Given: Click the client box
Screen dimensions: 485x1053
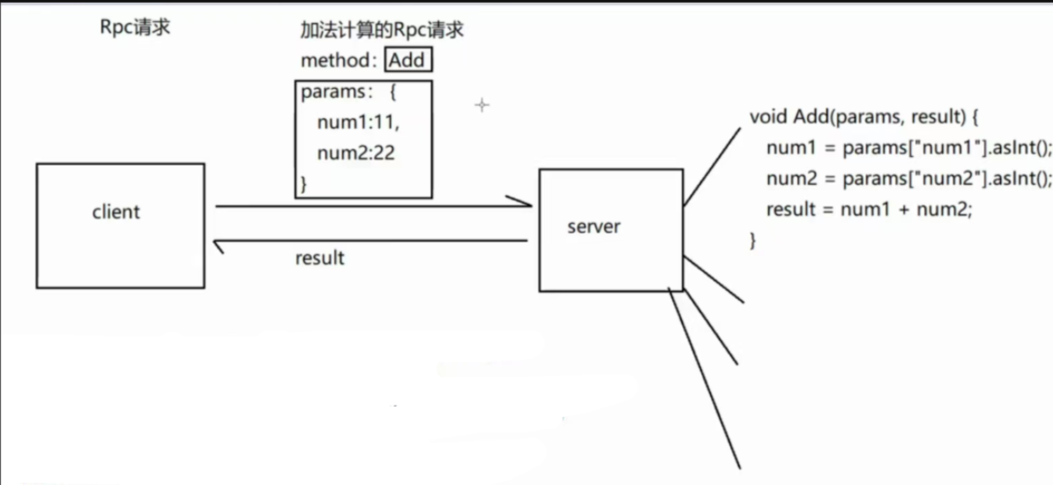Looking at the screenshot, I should click(120, 225).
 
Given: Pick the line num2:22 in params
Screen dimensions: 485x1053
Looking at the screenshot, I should click(356, 153).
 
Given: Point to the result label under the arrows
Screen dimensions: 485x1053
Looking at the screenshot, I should click(319, 258).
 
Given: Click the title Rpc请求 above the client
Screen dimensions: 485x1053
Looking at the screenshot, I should click(135, 27).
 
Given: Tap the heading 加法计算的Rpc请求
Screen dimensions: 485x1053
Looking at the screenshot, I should click(382, 31).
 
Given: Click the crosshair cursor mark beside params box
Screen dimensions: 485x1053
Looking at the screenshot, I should click(482, 105).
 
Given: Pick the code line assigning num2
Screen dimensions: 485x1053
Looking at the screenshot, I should click(908, 179).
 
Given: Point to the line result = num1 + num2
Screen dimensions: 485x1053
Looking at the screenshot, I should click(868, 210).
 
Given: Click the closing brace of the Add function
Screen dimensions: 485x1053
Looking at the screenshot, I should click(752, 240).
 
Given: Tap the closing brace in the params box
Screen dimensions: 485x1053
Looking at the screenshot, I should click(304, 183).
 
